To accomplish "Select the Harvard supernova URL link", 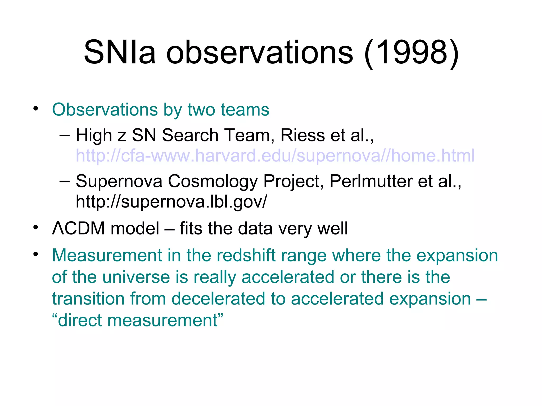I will tap(275, 155).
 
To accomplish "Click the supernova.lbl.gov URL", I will tap(171, 201).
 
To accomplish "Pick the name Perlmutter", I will tap(371, 181).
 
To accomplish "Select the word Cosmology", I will tap(213, 182).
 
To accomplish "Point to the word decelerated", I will tap(218, 299).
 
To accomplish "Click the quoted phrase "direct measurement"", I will tap(138, 320).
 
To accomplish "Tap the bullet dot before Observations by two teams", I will tap(36, 108).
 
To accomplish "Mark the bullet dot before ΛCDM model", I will tap(36, 227).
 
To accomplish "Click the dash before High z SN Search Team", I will tap(65, 135).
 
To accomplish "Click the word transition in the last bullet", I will tap(88, 299).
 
